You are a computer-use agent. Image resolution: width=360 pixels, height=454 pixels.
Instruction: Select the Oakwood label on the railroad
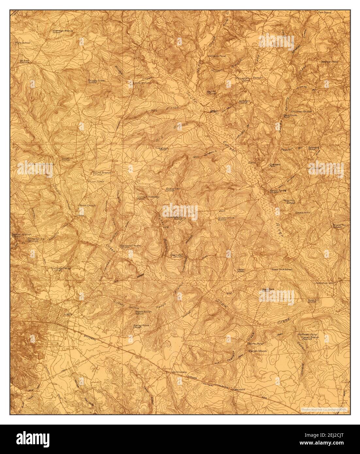(x=239, y=389)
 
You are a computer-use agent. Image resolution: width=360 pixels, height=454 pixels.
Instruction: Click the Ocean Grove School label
(x=226, y=219)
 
